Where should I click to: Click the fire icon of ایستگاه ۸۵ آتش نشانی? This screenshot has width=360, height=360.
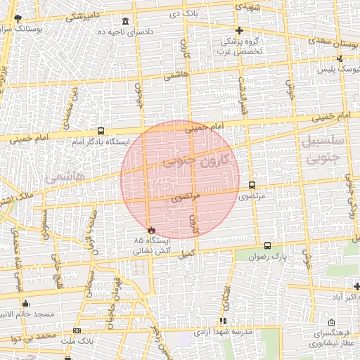point(151,230)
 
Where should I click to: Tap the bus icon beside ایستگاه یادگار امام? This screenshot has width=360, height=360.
point(101,131)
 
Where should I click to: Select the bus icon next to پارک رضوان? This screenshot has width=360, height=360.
point(267,245)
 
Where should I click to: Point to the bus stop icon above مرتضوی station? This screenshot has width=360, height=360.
point(252,185)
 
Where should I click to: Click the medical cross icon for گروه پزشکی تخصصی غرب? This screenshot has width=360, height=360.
point(240,30)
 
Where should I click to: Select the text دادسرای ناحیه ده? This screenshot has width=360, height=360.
point(157,32)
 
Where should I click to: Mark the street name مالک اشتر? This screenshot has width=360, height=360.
point(18,202)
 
